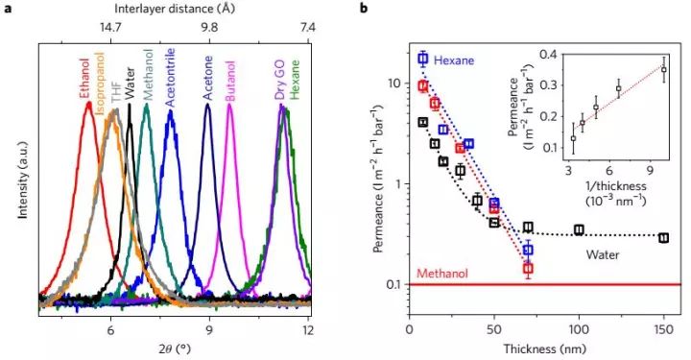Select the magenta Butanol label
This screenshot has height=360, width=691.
pyautogui.click(x=231, y=77)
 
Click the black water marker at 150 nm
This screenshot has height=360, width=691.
pyautogui.click(x=663, y=237)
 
